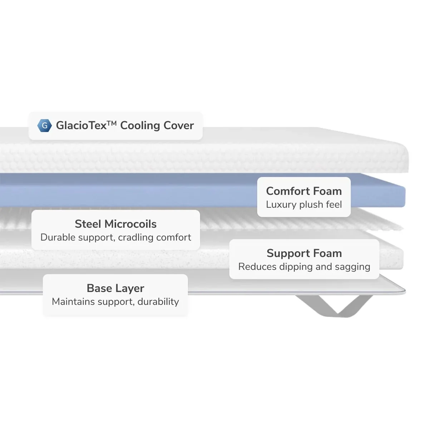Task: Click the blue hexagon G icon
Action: point(44,125)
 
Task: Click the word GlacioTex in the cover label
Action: point(81,125)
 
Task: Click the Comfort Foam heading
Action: point(304,191)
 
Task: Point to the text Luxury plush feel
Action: point(304,204)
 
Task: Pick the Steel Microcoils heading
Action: point(115,224)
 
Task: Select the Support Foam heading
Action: point(304,253)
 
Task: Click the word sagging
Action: point(352,267)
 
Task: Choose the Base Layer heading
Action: point(115,288)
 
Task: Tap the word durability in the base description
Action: point(158,302)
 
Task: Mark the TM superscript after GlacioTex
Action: point(112,123)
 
